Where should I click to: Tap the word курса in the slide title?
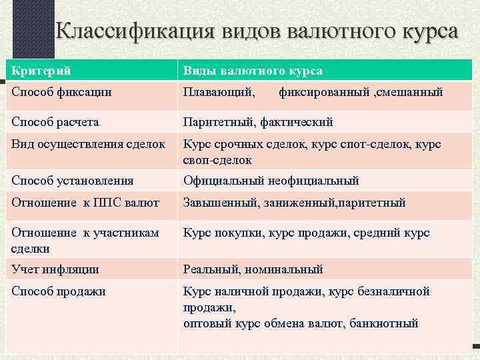click(x=423, y=32)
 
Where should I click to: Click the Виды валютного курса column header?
click(x=253, y=70)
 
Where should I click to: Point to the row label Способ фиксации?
click(x=61, y=92)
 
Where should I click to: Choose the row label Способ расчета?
click(x=55, y=122)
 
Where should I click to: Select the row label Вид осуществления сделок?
click(x=88, y=145)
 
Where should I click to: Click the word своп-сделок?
click(x=217, y=160)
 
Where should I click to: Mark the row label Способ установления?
click(x=72, y=180)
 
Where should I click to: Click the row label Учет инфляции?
click(x=55, y=269)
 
